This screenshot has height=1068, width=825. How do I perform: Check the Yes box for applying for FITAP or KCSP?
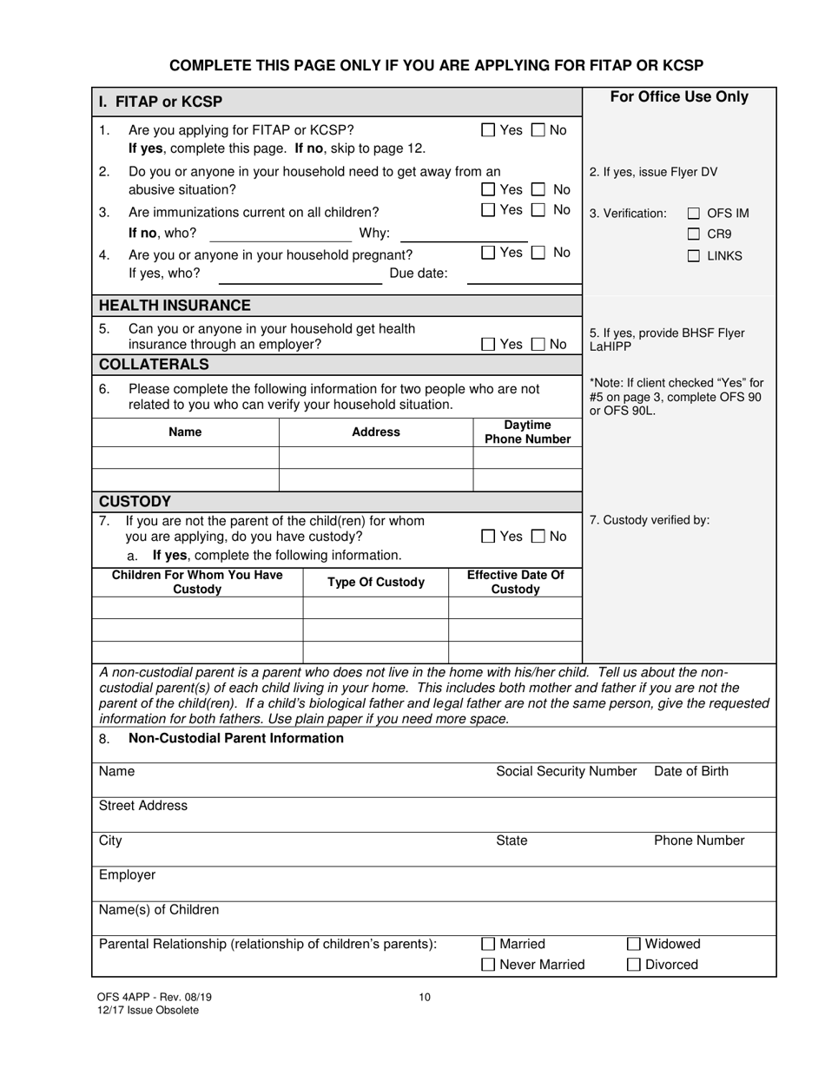click(488, 130)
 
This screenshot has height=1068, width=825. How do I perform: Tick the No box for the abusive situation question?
click(539, 189)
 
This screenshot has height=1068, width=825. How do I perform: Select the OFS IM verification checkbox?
click(693, 214)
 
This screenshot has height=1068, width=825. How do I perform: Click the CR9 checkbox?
click(693, 234)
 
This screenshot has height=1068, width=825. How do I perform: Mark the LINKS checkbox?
click(693, 256)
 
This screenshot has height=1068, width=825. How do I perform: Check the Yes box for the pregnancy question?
click(488, 253)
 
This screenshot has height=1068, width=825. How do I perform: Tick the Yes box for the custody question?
click(488, 537)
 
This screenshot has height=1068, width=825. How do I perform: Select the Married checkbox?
click(488, 944)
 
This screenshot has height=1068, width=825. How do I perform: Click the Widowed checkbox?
click(634, 944)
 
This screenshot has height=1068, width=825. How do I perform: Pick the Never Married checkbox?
click(488, 965)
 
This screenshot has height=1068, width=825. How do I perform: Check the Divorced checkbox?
click(634, 965)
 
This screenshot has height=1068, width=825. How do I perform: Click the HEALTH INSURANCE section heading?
click(175, 306)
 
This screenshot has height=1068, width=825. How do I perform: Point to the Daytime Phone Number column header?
click(527, 432)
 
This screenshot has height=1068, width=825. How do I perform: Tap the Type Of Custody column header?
click(375, 582)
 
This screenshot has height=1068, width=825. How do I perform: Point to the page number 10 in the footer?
click(425, 997)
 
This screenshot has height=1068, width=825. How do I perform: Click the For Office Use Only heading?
click(679, 97)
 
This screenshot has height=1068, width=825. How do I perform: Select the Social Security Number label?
click(566, 771)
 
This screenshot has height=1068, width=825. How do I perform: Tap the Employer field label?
click(127, 875)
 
